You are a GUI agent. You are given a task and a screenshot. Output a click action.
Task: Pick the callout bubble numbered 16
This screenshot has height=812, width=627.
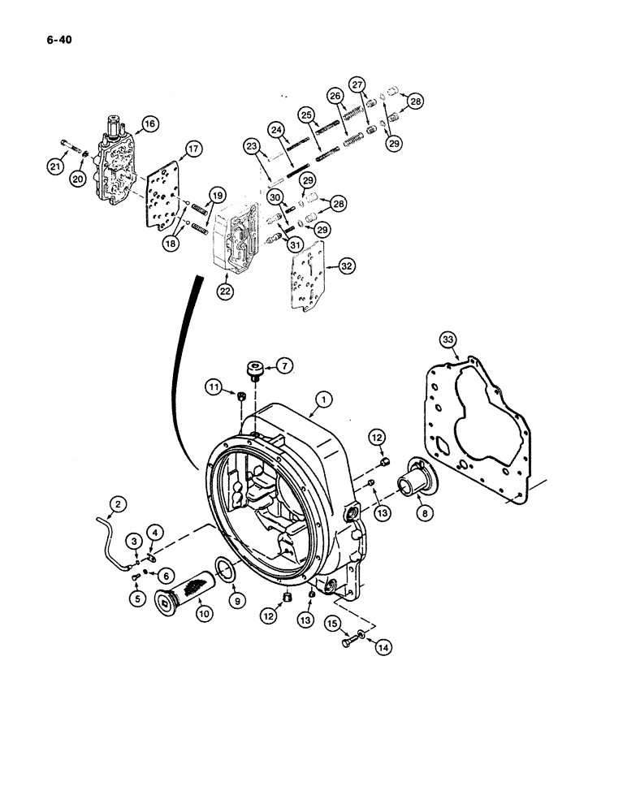(149, 123)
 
